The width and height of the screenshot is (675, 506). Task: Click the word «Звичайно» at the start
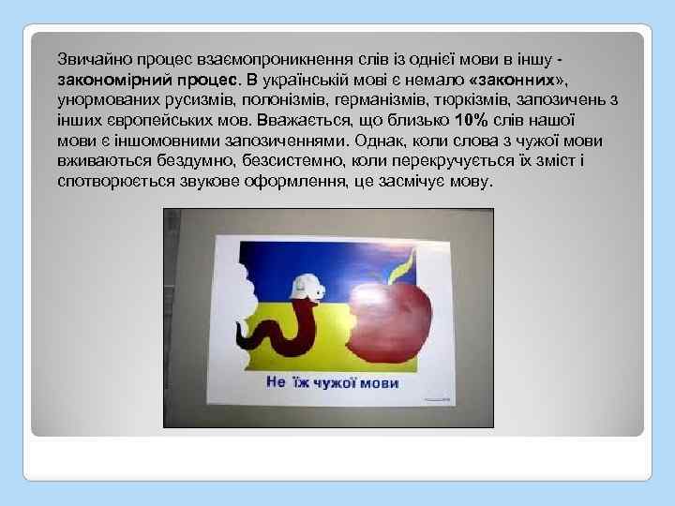[87, 59]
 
